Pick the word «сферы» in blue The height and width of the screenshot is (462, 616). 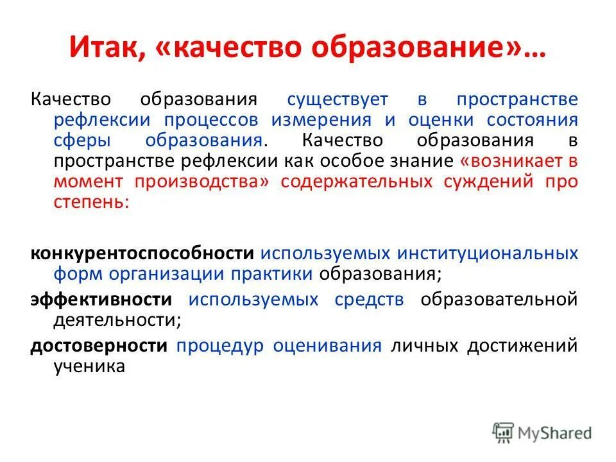[77, 141]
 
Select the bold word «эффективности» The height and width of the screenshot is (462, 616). [101, 299]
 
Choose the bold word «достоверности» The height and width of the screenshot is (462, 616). [99, 346]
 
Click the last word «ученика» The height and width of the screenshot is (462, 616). [89, 366]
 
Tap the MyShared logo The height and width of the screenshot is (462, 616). [542, 432]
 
